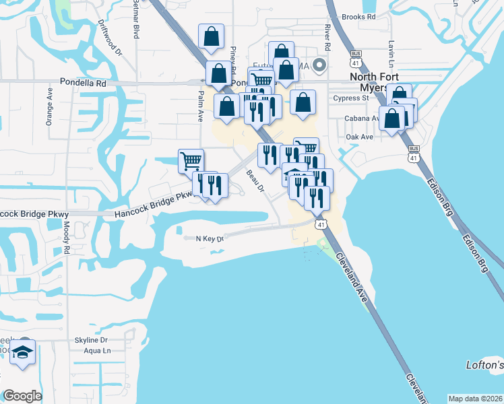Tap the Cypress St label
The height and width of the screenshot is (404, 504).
point(351,98)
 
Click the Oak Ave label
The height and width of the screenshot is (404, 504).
point(359,137)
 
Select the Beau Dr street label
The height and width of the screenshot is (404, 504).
point(254,180)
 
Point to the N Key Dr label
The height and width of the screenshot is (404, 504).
point(209,238)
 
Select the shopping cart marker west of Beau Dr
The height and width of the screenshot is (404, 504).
point(191,161)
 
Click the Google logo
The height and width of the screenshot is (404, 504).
point(23,395)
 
